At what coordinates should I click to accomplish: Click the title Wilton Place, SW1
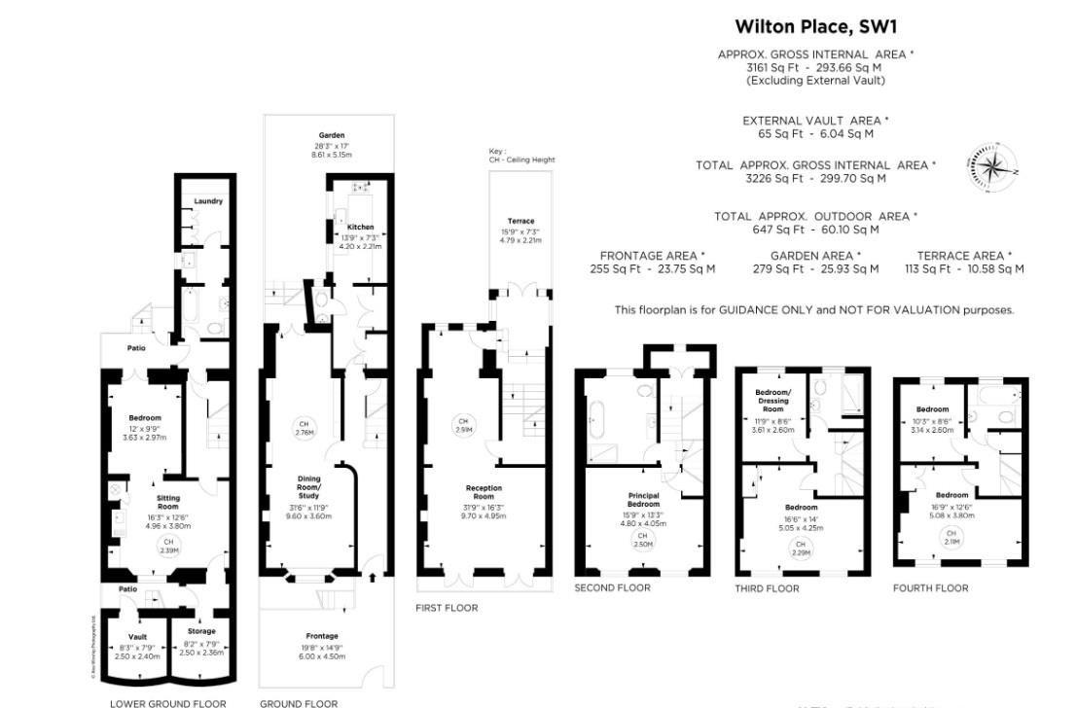point(815,26)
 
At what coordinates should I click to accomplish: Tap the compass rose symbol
point(992,166)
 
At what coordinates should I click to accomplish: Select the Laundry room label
point(208,201)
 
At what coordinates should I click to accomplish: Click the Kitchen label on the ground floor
point(360,227)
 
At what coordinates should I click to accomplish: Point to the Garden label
point(332,135)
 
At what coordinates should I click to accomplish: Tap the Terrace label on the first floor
point(520,221)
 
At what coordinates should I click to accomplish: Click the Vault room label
point(137,637)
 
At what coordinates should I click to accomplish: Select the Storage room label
point(200,631)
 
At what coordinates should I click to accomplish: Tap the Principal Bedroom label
point(643,500)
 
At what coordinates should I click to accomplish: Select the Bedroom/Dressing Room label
point(773,401)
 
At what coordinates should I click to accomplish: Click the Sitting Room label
point(168,503)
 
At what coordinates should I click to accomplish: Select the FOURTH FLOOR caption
point(930,587)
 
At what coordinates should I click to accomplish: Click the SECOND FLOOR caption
point(612,587)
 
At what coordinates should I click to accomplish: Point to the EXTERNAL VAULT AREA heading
point(815,121)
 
